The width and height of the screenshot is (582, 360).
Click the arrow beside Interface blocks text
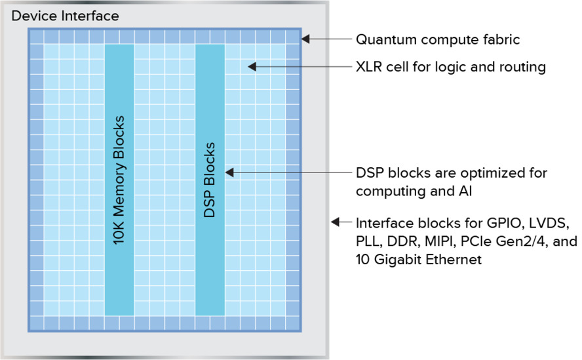click(x=340, y=222)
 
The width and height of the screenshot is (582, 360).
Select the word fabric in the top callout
click(x=502, y=40)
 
